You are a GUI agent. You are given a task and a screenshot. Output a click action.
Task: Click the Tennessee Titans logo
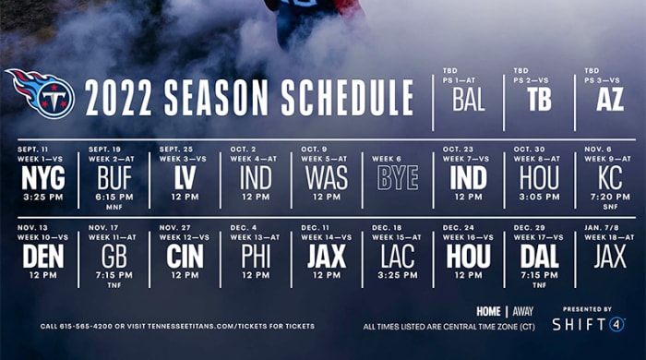pos(39,92)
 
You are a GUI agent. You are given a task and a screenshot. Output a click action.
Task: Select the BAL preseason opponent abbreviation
pos(468,100)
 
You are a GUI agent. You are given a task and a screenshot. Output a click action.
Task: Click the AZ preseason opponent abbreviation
pos(610,100)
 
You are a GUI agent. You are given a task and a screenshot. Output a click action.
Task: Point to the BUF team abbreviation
pos(114,177)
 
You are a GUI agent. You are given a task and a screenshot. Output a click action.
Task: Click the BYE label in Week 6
pos(398,177)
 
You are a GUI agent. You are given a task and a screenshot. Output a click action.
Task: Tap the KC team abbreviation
pos(610,177)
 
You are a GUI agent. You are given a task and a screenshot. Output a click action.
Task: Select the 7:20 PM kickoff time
pos(610,197)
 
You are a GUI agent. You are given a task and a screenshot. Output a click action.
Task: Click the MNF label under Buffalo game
pos(114,207)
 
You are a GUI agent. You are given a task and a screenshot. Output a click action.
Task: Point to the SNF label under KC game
pos(610,207)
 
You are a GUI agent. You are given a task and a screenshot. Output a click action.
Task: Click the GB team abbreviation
pos(114,256)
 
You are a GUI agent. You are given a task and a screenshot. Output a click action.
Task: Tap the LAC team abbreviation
pos(398,256)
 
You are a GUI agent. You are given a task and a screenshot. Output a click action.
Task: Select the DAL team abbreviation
pos(539,256)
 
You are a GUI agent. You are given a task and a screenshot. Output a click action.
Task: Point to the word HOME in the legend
pos(489,311)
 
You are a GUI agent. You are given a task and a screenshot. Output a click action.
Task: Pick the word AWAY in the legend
pos(522,311)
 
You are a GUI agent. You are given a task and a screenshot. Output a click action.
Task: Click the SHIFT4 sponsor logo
pos(588,324)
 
